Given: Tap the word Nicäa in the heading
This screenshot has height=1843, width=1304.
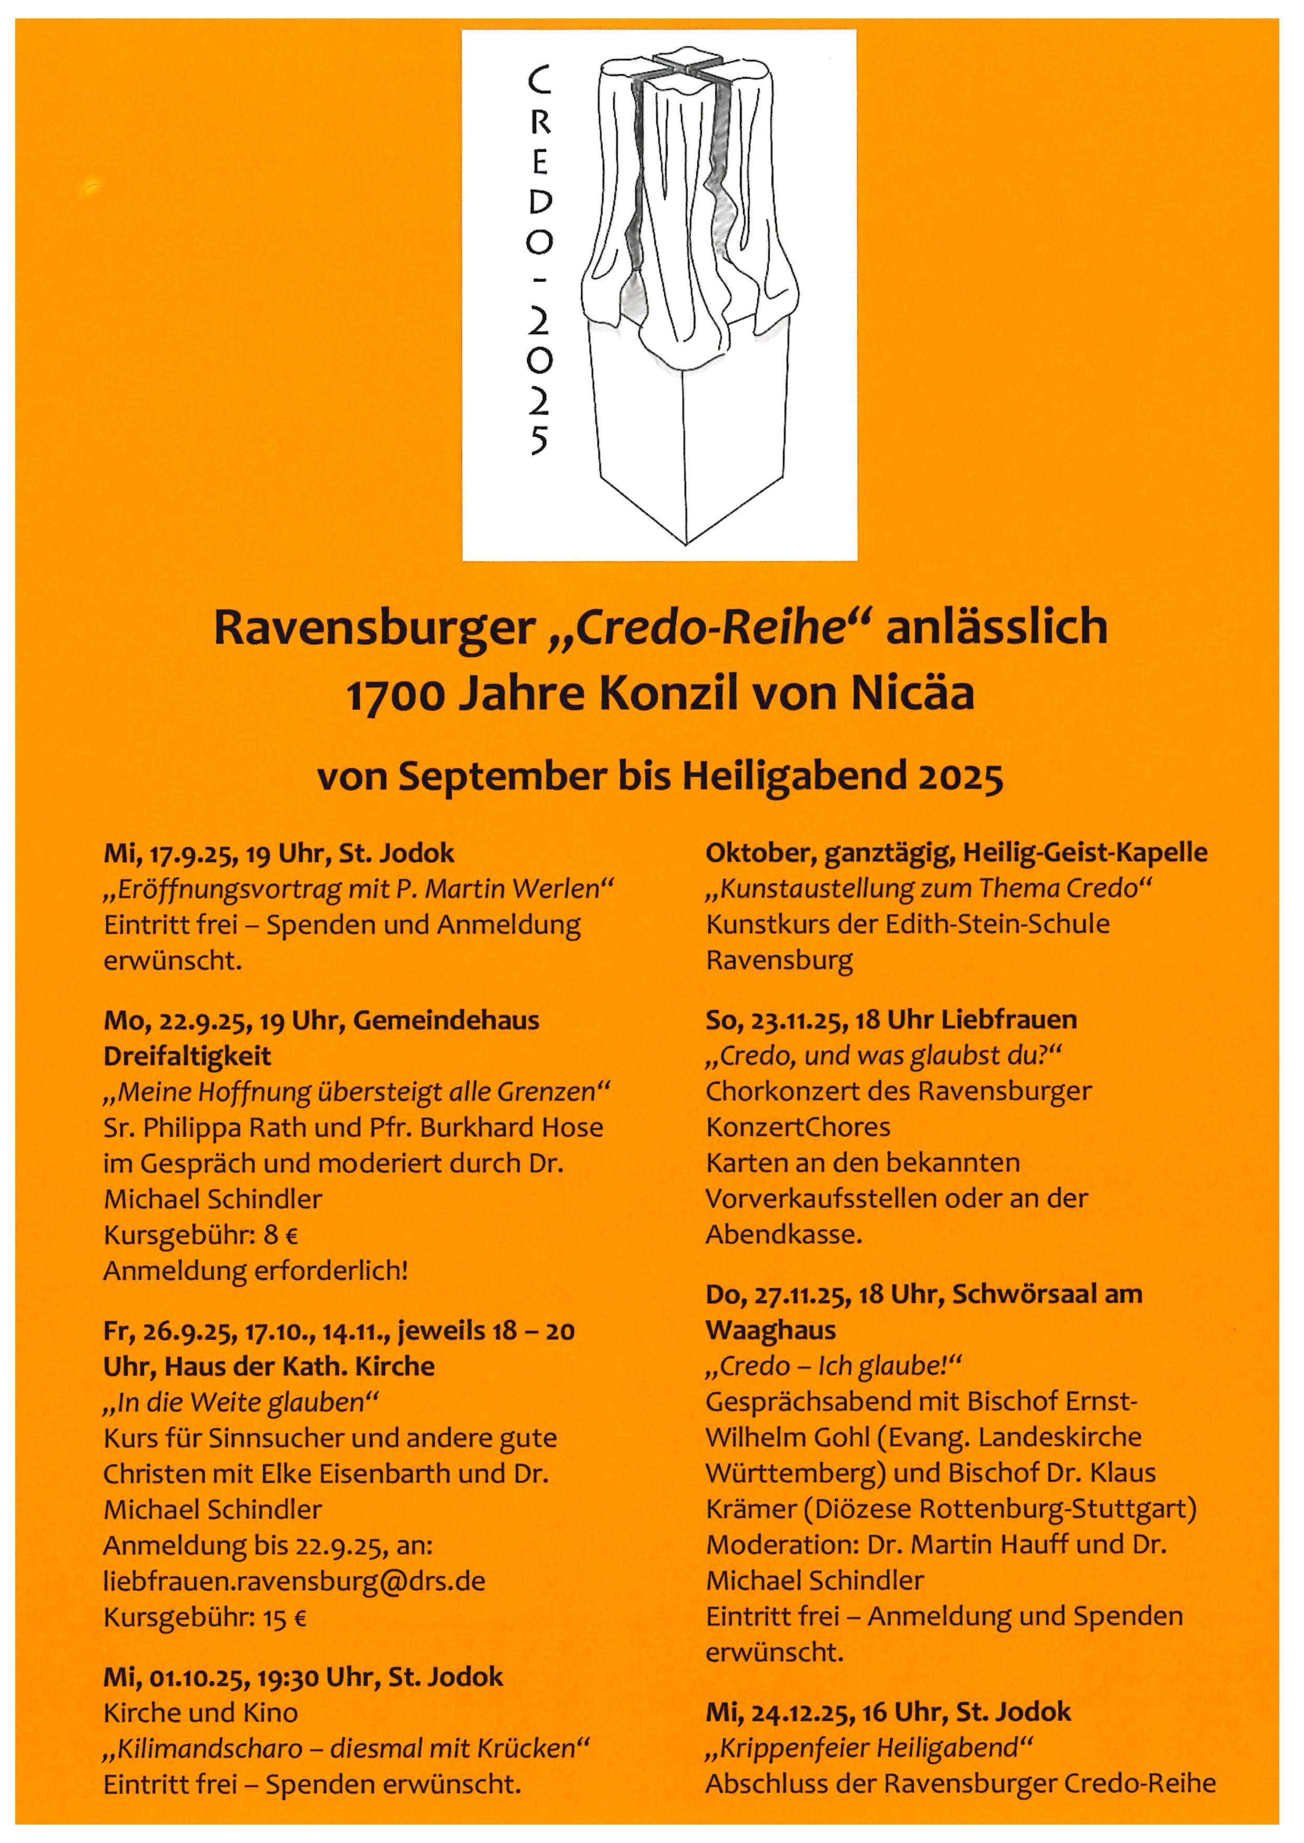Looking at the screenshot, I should coord(912,694).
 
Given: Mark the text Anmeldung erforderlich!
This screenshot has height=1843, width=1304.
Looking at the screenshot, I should coord(256,1271).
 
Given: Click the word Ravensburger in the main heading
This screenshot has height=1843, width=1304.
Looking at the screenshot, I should coord(374,627).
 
